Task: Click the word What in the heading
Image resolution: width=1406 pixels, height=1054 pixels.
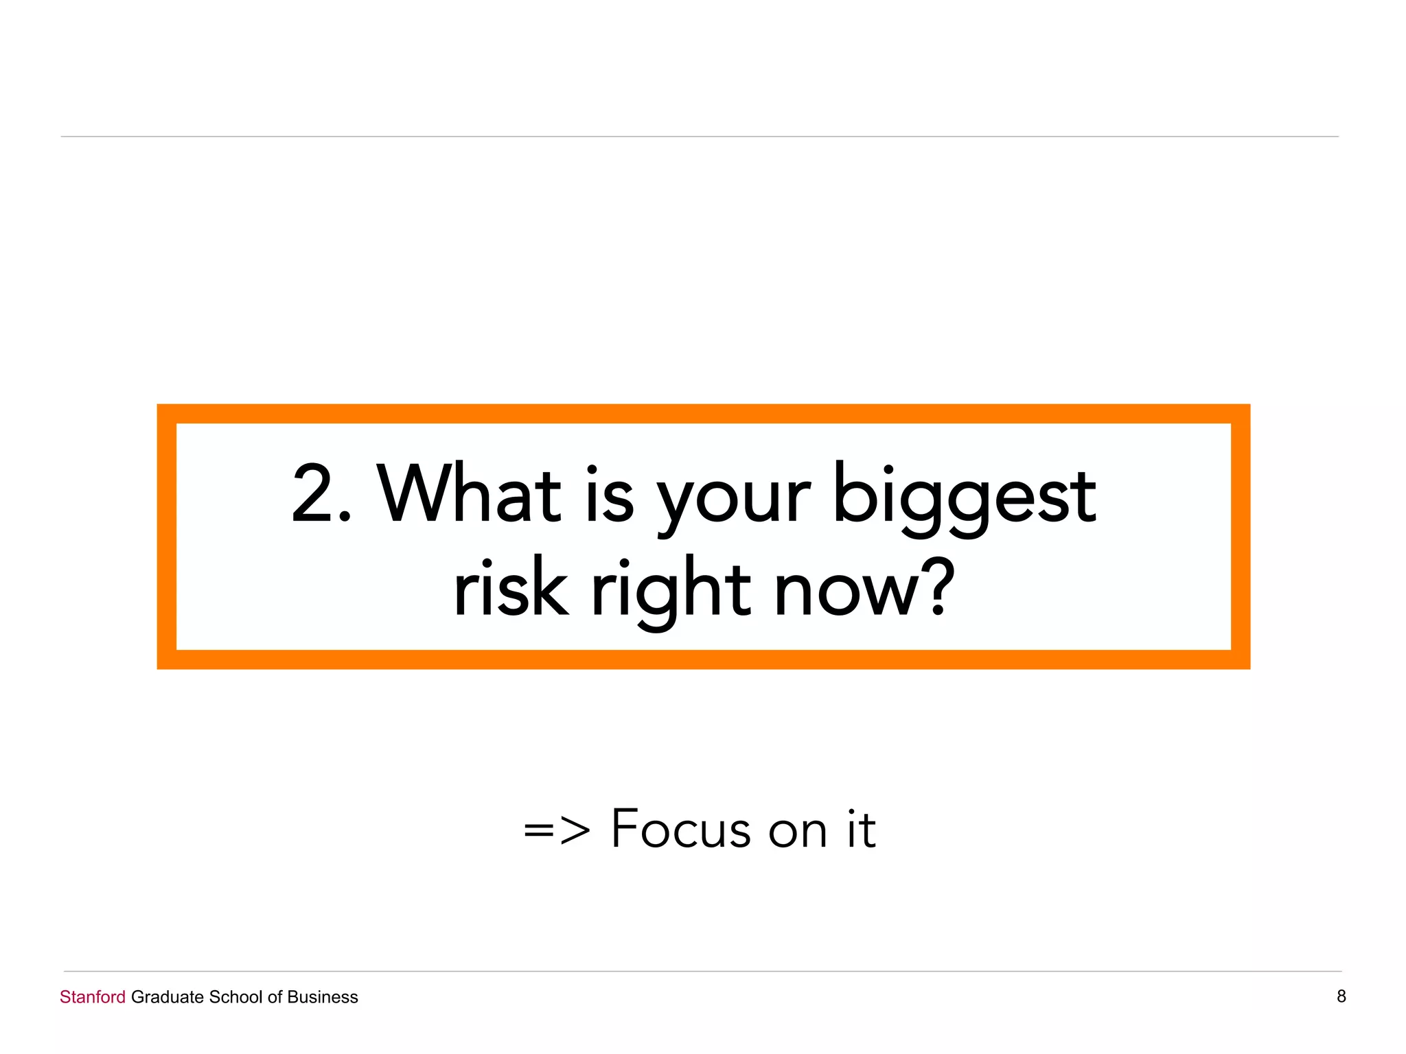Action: click(469, 493)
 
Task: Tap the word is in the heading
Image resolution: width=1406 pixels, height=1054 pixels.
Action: click(610, 493)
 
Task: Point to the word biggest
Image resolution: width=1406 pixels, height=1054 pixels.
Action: click(964, 498)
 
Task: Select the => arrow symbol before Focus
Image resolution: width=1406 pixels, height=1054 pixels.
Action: click(556, 830)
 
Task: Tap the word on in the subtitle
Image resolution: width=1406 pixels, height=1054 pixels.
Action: click(797, 832)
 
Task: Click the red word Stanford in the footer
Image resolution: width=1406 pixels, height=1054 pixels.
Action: click(93, 997)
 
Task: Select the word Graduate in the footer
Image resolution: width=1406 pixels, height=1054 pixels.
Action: click(167, 997)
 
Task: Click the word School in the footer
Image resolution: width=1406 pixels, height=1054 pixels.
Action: click(235, 997)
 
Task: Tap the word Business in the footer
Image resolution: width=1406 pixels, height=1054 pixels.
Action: click(323, 997)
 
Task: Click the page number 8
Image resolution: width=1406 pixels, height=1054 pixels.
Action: click(1341, 996)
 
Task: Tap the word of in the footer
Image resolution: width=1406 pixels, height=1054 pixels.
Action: click(275, 997)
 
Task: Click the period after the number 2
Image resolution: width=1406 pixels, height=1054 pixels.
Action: click(345, 517)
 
